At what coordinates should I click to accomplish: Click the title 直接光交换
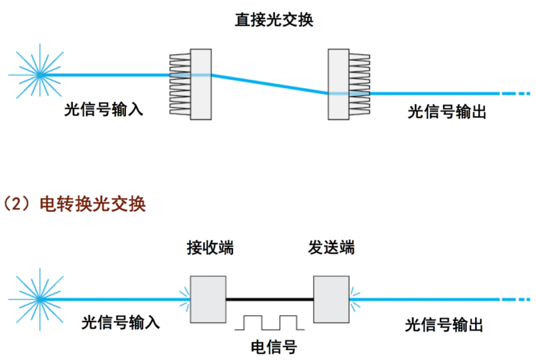click(x=274, y=20)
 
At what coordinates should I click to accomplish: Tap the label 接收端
click(x=210, y=248)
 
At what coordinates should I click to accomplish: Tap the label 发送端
click(x=331, y=248)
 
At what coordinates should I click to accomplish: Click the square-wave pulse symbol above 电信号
click(x=270, y=323)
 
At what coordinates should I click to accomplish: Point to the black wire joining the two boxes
click(x=269, y=299)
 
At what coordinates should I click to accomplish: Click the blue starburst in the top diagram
click(x=39, y=75)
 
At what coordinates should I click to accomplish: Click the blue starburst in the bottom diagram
click(x=39, y=299)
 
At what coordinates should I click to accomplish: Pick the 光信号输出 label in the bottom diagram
click(x=444, y=325)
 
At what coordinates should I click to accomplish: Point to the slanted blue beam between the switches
click(x=270, y=84)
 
